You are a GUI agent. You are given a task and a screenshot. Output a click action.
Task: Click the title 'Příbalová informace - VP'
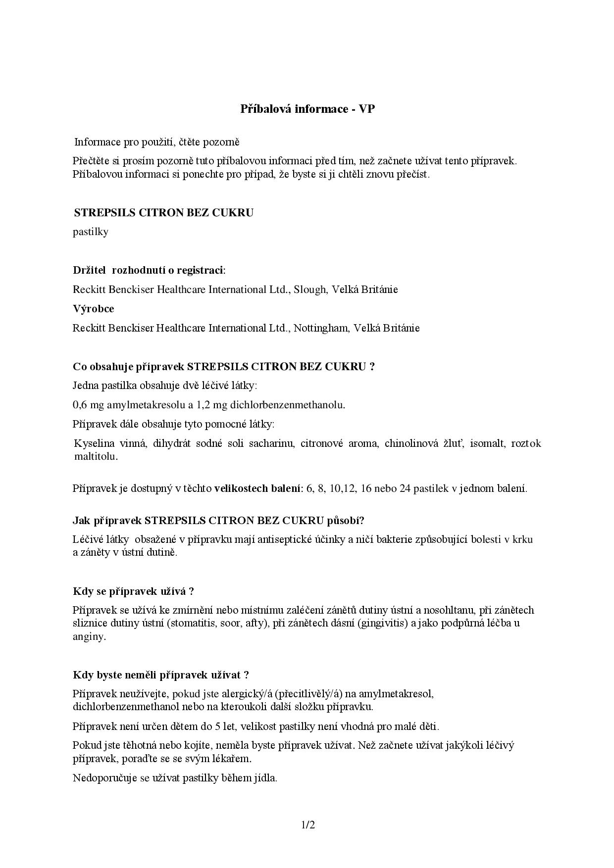coord(307,109)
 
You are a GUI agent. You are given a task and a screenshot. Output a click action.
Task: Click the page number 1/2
coord(307,824)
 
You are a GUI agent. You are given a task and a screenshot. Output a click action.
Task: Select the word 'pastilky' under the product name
coord(90,232)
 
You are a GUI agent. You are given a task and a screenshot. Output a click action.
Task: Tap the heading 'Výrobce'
coord(93,309)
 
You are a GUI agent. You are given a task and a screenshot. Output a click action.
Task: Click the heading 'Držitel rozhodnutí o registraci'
coord(148,270)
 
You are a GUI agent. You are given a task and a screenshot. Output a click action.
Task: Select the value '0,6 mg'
coord(88,405)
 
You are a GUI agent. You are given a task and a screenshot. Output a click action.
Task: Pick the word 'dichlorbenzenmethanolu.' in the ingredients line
coord(287,405)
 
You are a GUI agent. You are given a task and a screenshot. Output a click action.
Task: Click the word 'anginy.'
coord(89,636)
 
